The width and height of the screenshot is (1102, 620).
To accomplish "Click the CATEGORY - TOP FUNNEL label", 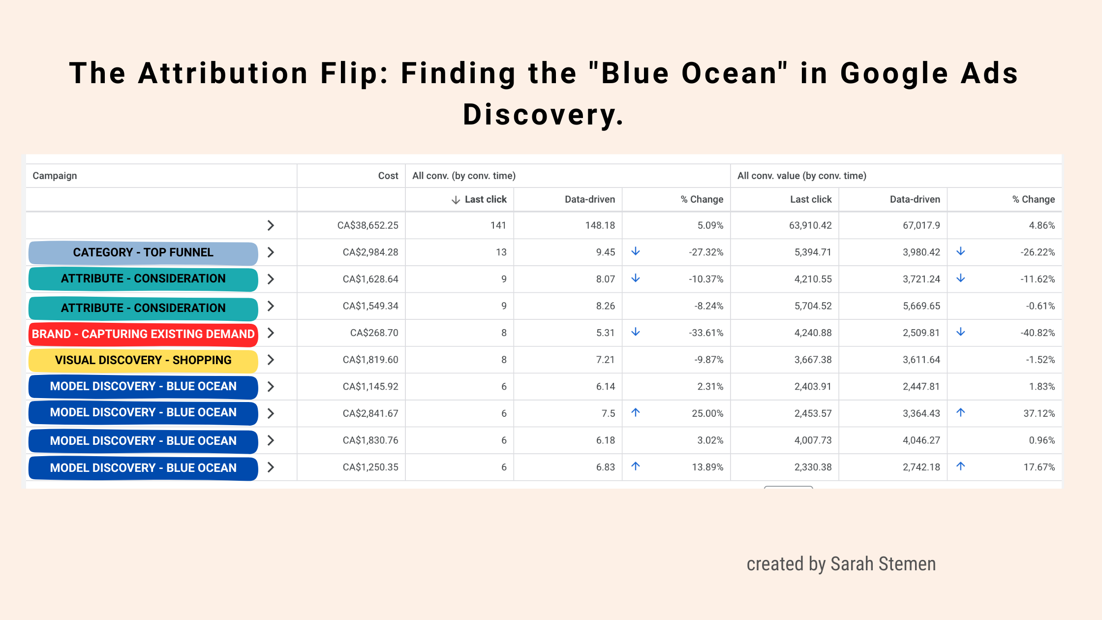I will (143, 252).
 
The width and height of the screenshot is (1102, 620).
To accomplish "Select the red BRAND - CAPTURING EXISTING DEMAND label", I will (143, 334).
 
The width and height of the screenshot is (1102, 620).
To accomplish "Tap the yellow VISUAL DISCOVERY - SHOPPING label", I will (143, 360).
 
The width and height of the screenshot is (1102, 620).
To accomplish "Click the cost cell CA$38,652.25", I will (367, 225).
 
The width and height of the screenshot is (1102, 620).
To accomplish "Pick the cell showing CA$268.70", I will (374, 333).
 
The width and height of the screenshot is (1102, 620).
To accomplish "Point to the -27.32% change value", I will (706, 252).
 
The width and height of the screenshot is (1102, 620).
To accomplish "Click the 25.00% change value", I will (707, 413).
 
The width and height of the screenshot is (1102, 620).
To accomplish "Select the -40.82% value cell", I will (1038, 333).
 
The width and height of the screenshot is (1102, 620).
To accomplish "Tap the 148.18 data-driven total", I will (600, 225).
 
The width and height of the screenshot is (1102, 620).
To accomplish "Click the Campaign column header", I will (55, 176).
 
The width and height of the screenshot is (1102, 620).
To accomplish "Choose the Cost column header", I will (388, 176).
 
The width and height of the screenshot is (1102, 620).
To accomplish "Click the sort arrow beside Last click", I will (456, 200).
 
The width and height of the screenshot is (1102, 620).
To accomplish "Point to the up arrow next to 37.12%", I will (960, 413).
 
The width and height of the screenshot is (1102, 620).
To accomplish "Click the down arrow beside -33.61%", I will (636, 332).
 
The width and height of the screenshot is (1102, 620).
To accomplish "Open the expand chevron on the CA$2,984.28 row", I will (271, 252).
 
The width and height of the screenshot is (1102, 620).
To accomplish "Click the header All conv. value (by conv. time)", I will (801, 176).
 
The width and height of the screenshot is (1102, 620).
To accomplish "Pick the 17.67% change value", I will (1039, 467).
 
